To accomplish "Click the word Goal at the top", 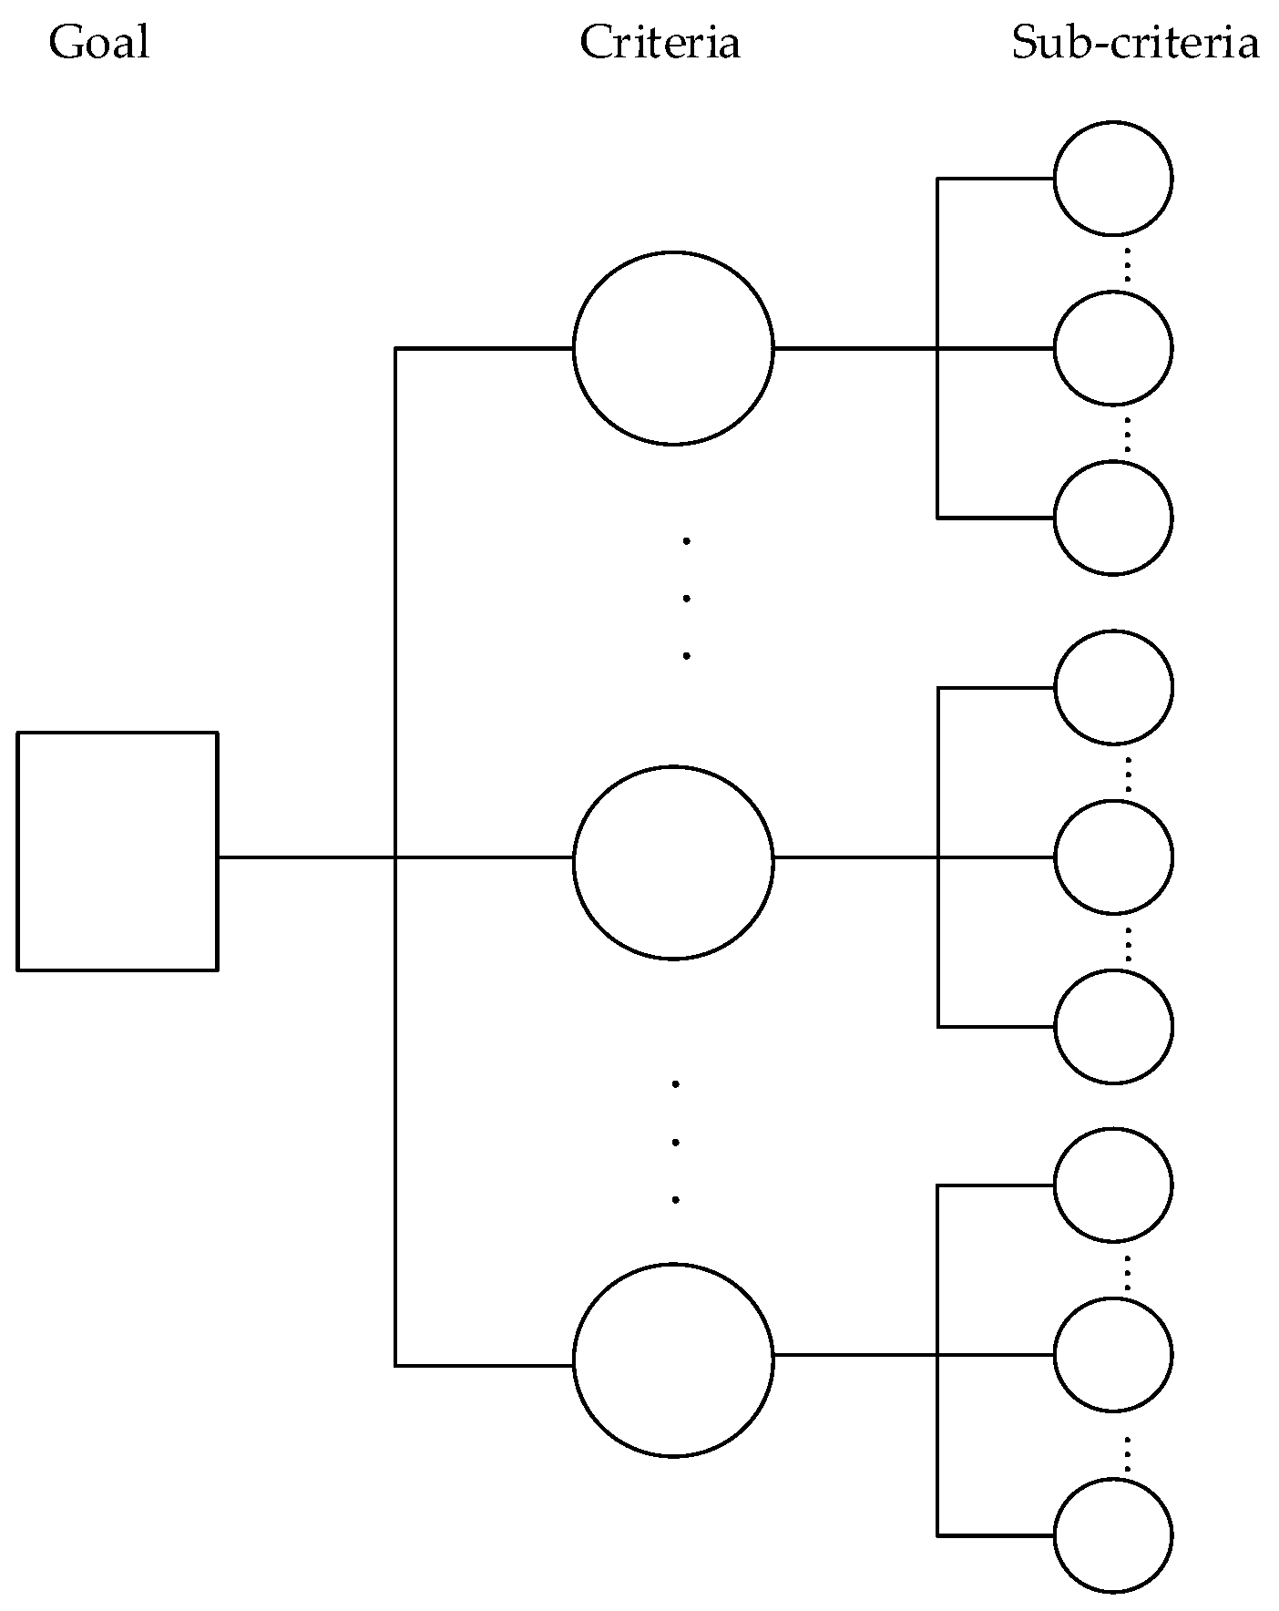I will tap(98, 43).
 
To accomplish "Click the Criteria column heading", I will tap(660, 43).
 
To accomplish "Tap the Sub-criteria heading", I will tap(1135, 43).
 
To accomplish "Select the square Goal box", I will tap(118, 850).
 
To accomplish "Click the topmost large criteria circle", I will tap(673, 348).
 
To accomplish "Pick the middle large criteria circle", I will tap(673, 862).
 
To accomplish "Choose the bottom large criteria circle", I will tap(673, 1360).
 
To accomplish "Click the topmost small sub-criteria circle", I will tap(1113, 179).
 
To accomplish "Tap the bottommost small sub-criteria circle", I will tap(1113, 1535).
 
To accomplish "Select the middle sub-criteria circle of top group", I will tap(1113, 348).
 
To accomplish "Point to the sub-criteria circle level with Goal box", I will tap(1113, 857).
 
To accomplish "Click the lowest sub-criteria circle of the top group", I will tap(1113, 518).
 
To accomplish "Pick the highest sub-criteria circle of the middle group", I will tap(1113, 687).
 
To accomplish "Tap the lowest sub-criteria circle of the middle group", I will tap(1113, 1027).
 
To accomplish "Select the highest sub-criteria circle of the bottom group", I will tap(1113, 1185).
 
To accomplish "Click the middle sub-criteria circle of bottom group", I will tap(1113, 1355).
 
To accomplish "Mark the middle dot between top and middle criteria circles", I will tap(686, 599).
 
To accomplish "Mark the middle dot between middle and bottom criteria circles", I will tap(675, 1142).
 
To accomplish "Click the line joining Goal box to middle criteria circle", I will tap(305, 857).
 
